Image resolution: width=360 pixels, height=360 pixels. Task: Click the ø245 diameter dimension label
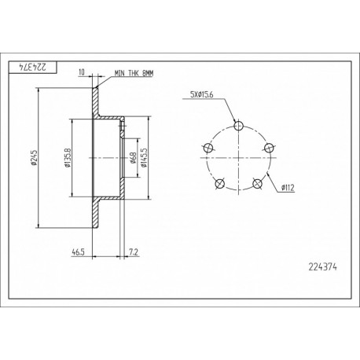tap(34, 158)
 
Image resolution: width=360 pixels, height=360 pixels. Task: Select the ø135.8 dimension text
tap(68, 158)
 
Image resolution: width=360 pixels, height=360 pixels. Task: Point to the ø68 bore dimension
tap(133, 158)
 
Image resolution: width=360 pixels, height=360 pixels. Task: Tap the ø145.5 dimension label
tap(144, 158)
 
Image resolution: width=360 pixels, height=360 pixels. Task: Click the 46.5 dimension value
tap(78, 252)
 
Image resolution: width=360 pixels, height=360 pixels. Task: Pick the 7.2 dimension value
tap(134, 252)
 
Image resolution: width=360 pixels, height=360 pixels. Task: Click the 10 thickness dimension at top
tap(82, 72)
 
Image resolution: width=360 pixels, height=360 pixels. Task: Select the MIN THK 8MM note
tap(134, 74)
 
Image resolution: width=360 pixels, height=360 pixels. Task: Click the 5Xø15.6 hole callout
tap(201, 94)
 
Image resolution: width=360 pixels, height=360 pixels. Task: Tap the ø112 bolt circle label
tap(288, 188)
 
